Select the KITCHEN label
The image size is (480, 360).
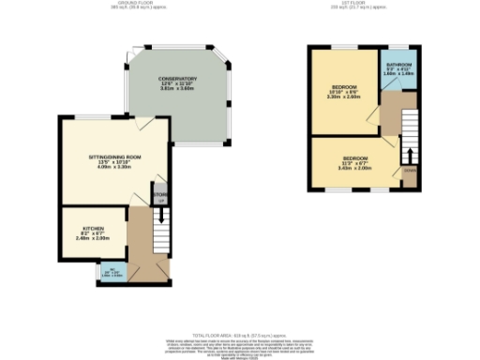tap(92, 229)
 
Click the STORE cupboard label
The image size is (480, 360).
tap(159, 195)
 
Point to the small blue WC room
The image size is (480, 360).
tap(112, 274)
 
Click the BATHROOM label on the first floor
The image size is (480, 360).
tap(398, 67)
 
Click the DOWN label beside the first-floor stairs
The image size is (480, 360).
tap(410, 171)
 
